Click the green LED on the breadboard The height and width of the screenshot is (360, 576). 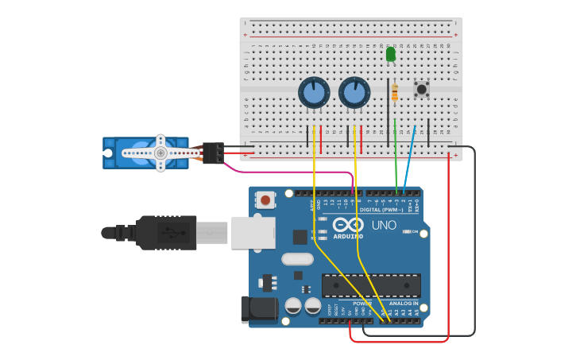pos(390,54)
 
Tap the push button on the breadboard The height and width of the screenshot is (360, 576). pos(421,89)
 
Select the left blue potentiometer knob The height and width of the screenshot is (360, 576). pos(314,93)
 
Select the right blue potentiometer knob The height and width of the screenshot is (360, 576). pos(354,93)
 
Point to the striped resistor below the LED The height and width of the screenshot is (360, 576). pos(395,92)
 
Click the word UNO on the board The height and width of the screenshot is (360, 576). pos(384,226)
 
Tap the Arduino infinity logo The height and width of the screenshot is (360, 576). pos(348,225)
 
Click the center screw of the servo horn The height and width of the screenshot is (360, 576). pos(160,152)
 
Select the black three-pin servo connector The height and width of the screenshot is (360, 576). pos(212,152)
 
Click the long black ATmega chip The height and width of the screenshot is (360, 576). pos(371,285)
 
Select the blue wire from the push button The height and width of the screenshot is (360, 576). pos(409,159)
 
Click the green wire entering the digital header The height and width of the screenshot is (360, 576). pos(396,159)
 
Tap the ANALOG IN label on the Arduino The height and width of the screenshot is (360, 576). pos(404,304)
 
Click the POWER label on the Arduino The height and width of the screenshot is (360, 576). pos(361,304)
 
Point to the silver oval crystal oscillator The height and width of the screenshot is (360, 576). pos(297,258)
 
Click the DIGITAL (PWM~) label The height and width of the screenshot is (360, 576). pos(382,210)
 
